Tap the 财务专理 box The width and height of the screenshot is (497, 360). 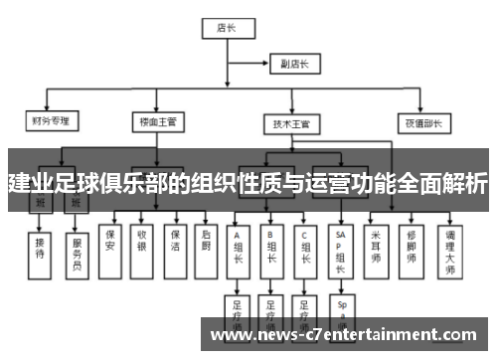coord(51,123)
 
